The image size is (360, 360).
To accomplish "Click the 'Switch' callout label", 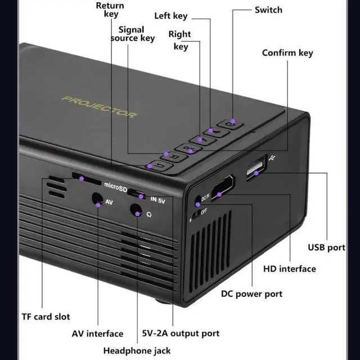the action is pyautogui.click(x=268, y=10).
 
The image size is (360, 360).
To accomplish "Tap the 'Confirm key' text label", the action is pyautogui.click(x=287, y=53).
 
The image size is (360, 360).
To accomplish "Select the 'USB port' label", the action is pyautogui.click(x=326, y=247).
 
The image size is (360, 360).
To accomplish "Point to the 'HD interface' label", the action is pyautogui.click(x=290, y=269).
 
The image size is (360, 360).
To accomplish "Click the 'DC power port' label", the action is pyautogui.click(x=251, y=294).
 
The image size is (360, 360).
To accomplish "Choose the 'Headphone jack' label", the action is pyautogui.click(x=137, y=351).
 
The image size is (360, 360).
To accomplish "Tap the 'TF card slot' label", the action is pyautogui.click(x=46, y=317).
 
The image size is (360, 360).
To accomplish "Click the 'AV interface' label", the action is pyautogui.click(x=97, y=334).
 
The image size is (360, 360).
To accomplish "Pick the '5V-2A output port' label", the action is pyautogui.click(x=181, y=334).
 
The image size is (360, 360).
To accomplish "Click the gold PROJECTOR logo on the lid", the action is pyautogui.click(x=100, y=107).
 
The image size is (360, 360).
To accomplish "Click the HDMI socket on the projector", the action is pyautogui.click(x=223, y=188).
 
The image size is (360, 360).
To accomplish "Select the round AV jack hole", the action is pyautogui.click(x=97, y=199).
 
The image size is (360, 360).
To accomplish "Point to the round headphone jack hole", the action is pyautogui.click(x=136, y=210).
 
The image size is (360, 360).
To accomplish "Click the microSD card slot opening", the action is pyautogui.click(x=87, y=179).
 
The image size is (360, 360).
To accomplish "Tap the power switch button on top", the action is pyautogui.click(x=230, y=124).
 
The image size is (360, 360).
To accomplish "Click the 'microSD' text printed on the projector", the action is pyautogui.click(x=115, y=187).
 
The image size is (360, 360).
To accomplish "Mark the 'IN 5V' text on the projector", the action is pyautogui.click(x=157, y=200).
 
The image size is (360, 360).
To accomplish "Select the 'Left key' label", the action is pyautogui.click(x=171, y=16).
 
